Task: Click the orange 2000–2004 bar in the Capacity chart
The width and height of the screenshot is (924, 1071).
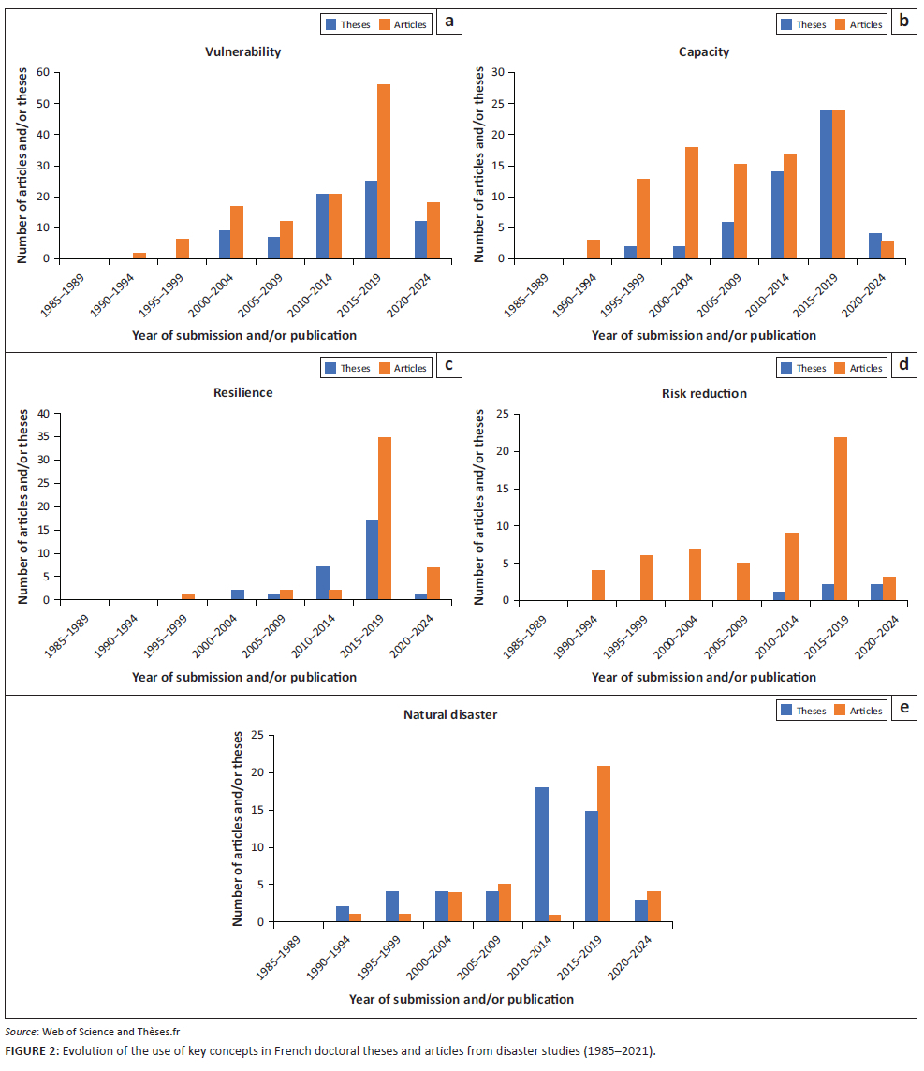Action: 692,202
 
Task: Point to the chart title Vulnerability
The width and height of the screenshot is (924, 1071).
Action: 243,52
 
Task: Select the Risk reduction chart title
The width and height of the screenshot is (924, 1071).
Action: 704,393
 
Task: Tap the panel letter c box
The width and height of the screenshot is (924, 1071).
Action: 448,365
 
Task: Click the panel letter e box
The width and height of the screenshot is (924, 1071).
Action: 903,708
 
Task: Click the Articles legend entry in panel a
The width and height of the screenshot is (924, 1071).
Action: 403,24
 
